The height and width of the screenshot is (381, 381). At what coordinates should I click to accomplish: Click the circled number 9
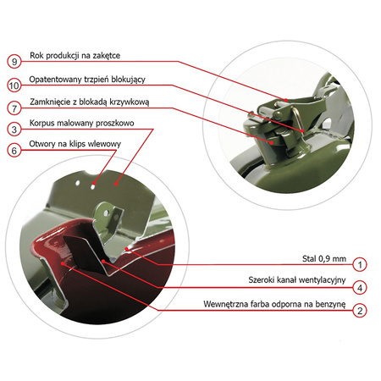click(14, 61)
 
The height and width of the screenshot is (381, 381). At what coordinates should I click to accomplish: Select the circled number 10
click(14, 86)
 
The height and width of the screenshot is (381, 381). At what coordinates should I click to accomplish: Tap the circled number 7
click(14, 108)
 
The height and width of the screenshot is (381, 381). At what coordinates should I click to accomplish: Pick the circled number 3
click(14, 130)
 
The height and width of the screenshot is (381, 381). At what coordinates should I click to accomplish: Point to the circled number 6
click(14, 151)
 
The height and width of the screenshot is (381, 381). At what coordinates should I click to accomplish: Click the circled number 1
click(360, 265)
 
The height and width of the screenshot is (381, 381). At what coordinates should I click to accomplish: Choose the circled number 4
click(360, 288)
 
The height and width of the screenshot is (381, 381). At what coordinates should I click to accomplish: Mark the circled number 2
click(360, 311)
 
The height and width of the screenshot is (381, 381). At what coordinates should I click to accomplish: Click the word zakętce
click(107, 56)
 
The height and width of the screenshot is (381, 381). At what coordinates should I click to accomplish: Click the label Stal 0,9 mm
click(324, 259)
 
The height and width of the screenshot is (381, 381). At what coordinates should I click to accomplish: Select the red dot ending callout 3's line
click(116, 184)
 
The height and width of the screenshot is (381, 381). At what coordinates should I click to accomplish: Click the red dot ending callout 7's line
click(272, 143)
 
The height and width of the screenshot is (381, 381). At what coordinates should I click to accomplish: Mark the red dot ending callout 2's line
click(63, 263)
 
